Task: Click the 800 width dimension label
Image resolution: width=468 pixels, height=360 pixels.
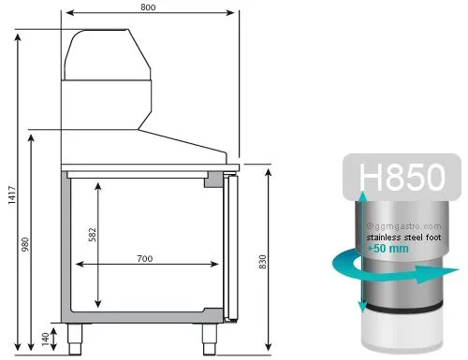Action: point(148,7)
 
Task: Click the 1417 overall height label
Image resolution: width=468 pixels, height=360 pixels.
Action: point(12,195)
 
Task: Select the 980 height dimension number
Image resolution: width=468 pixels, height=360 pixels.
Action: point(25,244)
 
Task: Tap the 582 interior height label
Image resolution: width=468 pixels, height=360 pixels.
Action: point(93,235)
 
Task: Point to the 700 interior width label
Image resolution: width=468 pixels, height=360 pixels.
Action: point(145,258)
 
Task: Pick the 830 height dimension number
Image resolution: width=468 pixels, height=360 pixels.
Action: point(263,262)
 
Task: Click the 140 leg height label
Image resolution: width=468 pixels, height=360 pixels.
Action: point(45,339)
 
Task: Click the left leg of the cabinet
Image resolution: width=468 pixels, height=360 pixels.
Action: point(75,338)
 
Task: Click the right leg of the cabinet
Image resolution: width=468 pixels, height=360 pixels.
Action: point(209,338)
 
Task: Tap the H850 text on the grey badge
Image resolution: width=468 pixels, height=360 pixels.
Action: point(402,177)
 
